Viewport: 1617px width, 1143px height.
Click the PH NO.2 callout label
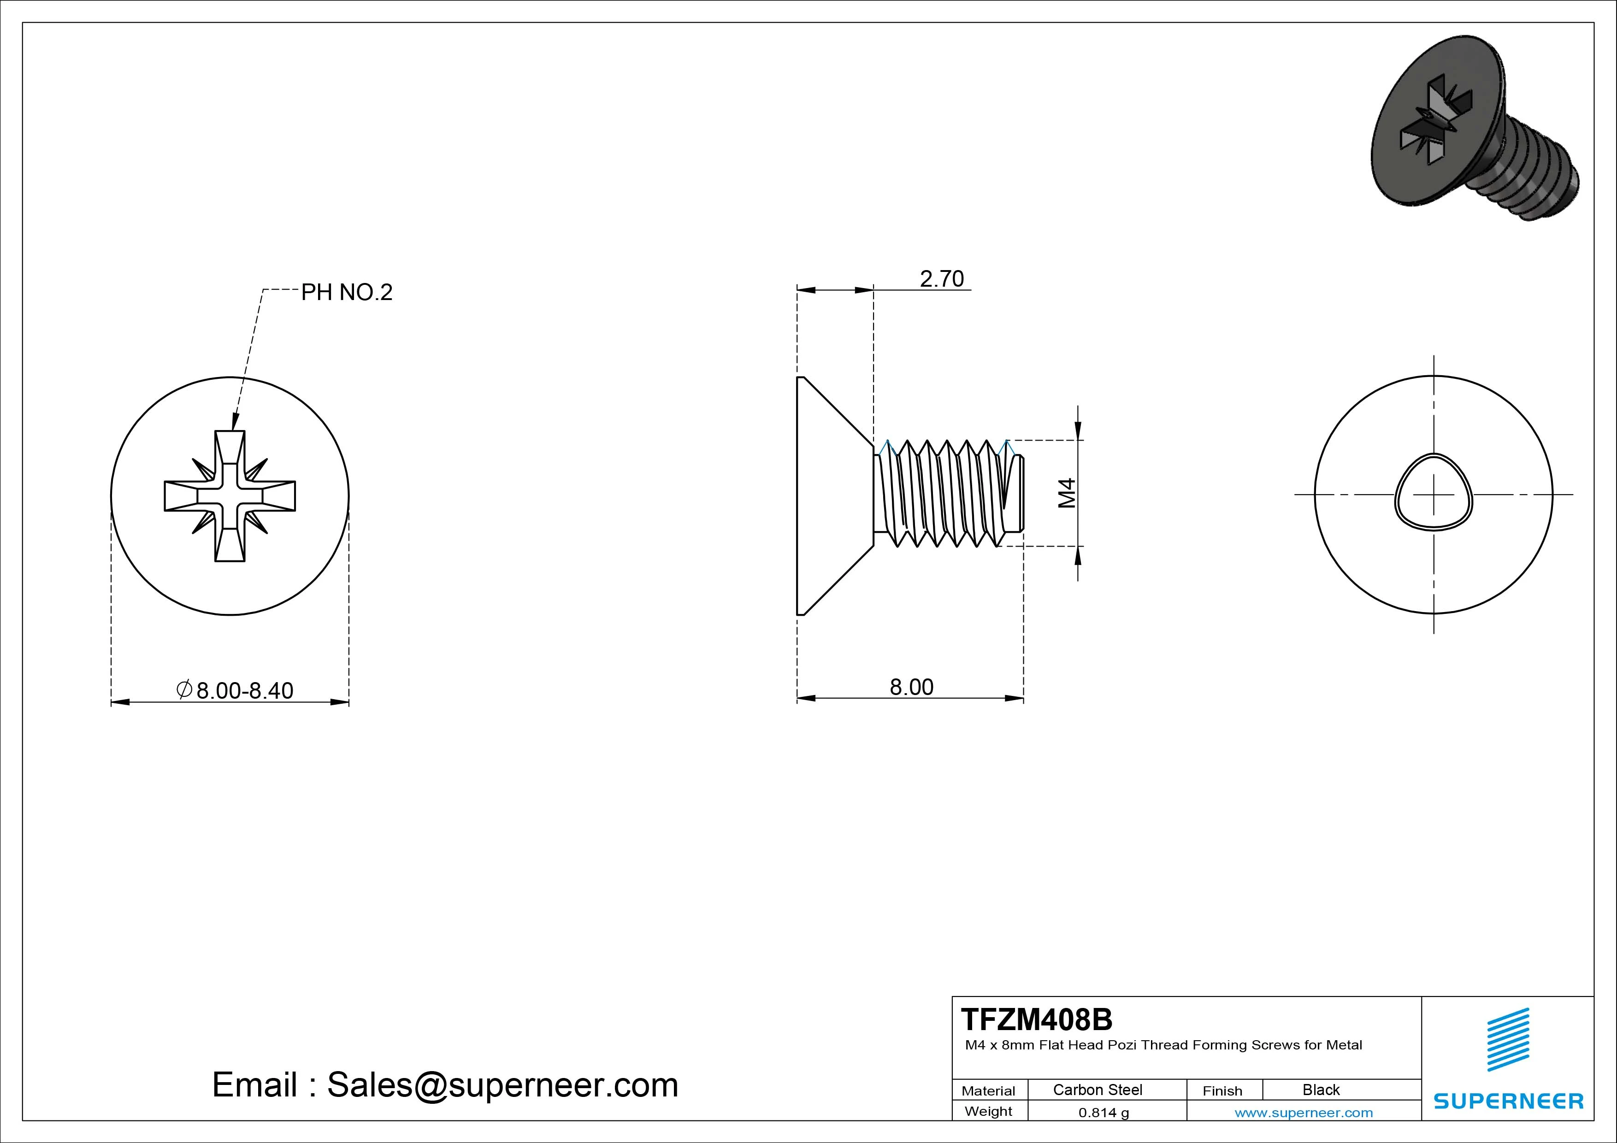pos(347,292)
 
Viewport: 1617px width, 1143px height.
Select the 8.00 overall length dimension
pos(911,687)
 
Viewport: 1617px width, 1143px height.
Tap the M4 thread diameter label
pos(1068,493)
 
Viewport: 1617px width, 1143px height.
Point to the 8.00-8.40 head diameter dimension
pos(244,690)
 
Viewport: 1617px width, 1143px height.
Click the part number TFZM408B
pos(1037,1019)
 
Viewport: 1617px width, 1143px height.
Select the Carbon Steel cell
pos(1097,1090)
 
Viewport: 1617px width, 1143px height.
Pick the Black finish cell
pos(1321,1090)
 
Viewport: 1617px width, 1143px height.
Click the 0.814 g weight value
pos(1104,1113)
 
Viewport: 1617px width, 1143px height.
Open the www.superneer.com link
pos(1304,1113)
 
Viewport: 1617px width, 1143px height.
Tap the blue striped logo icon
pos(1508,1039)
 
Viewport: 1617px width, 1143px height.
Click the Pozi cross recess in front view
pos(230,496)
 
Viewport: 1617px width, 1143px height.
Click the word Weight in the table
pos(988,1111)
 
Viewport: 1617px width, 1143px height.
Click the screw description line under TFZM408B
pos(1163,1045)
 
